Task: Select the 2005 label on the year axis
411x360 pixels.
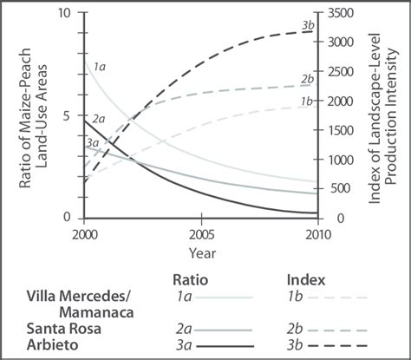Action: [201, 234]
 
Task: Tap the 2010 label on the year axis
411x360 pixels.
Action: [316, 234]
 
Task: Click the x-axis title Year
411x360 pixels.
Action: [201, 252]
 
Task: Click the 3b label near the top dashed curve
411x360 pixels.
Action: [308, 26]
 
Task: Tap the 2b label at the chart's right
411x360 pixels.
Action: [307, 79]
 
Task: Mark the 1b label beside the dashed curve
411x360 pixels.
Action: [307, 101]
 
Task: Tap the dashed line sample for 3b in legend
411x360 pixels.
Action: [339, 347]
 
